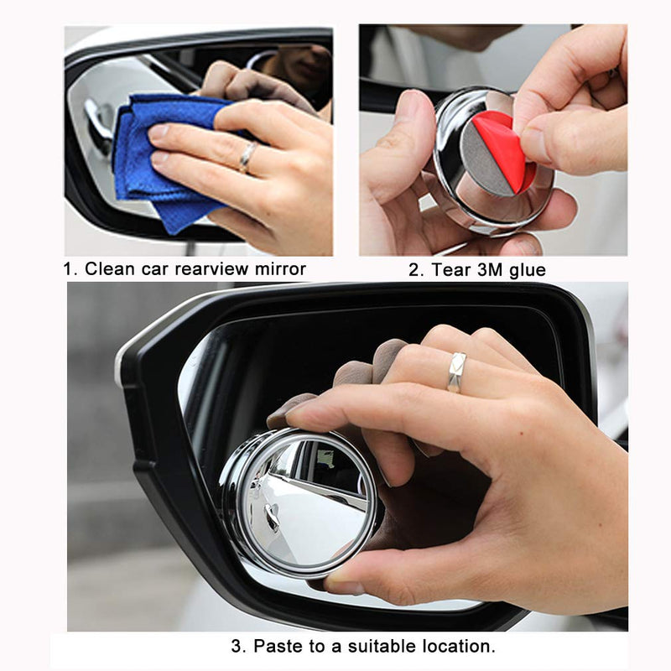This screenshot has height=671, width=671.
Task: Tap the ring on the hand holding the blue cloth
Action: tap(247, 157)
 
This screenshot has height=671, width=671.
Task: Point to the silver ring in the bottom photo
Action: tap(456, 372)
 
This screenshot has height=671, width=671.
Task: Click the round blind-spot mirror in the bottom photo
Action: tap(299, 502)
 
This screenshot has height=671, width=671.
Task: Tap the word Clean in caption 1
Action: tap(109, 268)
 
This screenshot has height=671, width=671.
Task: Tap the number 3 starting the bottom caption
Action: tap(237, 646)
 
